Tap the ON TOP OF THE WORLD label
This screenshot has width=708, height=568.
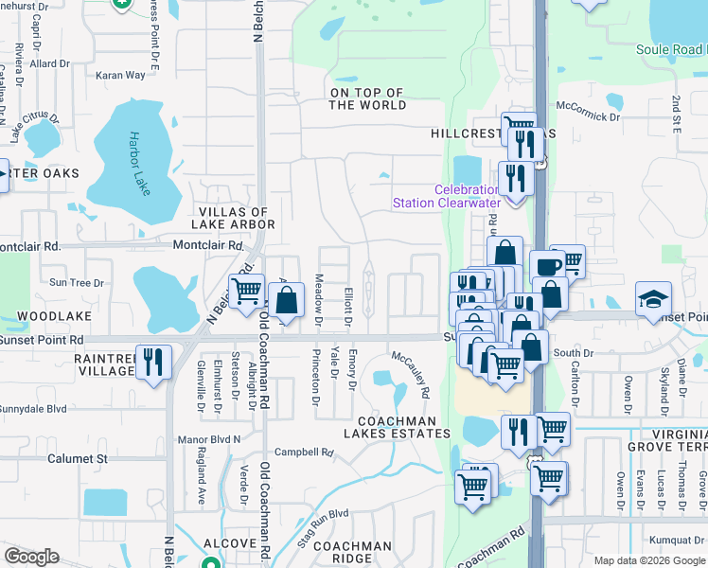coord(366,99)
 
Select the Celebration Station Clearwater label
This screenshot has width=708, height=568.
coord(453,196)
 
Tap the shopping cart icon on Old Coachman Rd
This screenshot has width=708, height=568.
coord(246,290)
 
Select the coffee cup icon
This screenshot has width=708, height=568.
coord(546,267)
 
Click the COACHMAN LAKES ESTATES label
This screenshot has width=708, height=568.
coord(403,427)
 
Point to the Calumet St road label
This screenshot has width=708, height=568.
coord(78,458)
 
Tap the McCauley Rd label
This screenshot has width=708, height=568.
coord(412,374)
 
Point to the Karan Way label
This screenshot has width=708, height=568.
coord(121,75)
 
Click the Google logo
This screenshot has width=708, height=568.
coord(31,557)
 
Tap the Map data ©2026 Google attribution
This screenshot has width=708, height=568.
coord(649,560)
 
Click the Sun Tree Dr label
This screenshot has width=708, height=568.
coord(76,282)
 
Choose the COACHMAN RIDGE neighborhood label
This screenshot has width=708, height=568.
coord(352,553)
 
